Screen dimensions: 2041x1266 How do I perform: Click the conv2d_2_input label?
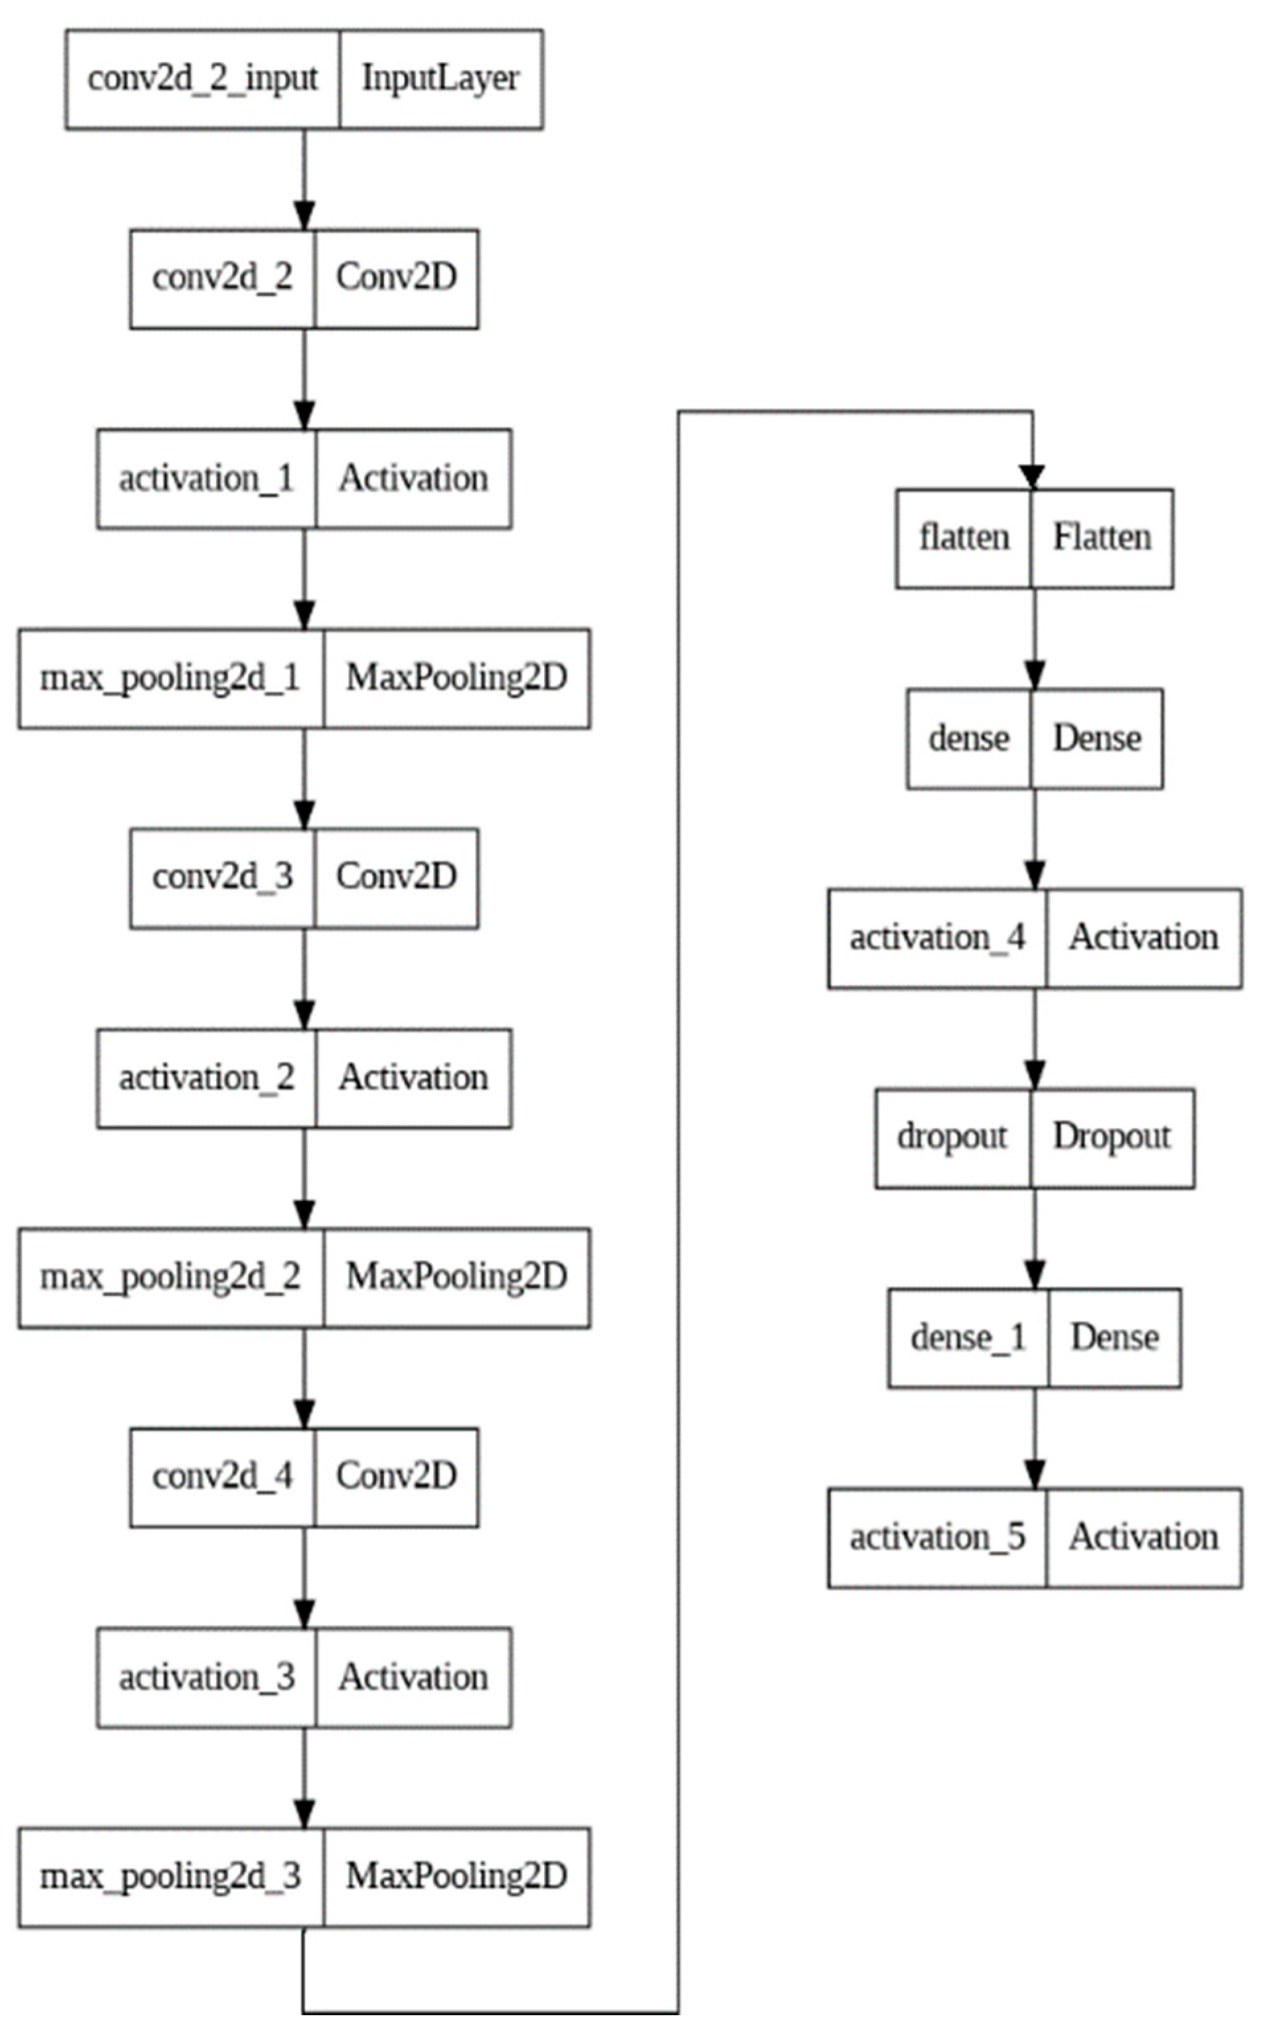pos(203,79)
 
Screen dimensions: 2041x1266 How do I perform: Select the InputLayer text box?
pos(440,79)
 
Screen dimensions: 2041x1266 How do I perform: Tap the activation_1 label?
pos(206,479)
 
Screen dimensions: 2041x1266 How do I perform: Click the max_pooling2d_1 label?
pos(171,678)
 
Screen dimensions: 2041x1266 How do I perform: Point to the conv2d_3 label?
pos(223,877)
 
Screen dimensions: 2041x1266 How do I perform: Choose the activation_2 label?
pos(206,1077)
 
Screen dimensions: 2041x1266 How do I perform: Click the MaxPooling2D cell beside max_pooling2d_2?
pos(456,1278)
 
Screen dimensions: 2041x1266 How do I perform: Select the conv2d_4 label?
pos(223,1477)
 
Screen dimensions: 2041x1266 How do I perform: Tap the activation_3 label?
pos(206,1677)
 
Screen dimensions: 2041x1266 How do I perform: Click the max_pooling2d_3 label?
pos(171,1876)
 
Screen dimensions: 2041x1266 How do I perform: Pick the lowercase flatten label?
pos(964,538)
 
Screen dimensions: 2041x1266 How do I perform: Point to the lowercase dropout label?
pos(952,1137)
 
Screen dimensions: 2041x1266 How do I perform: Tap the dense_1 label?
pos(968,1337)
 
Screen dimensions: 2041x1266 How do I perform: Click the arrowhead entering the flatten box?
pos(1033,478)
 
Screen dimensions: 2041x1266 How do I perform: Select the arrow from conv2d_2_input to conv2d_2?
pos(304,179)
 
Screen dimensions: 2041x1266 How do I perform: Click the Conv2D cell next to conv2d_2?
pos(396,279)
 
